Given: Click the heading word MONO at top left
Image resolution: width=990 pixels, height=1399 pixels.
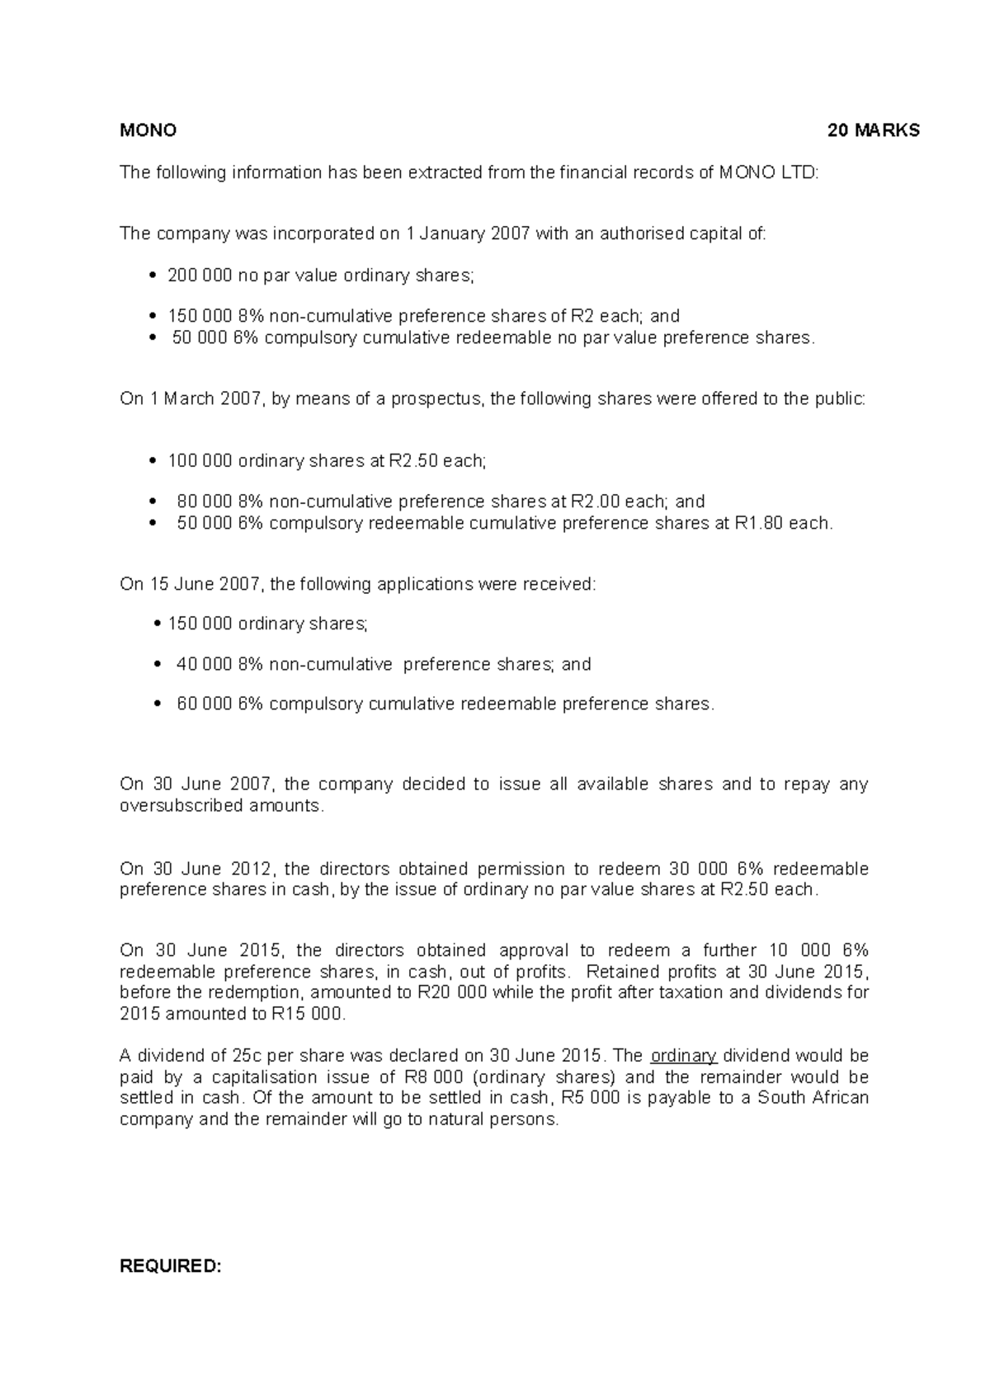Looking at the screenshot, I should [148, 130].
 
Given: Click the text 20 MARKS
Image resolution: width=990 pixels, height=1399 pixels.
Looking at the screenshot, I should [874, 130].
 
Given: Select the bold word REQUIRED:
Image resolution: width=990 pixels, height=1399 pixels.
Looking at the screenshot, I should [171, 1266].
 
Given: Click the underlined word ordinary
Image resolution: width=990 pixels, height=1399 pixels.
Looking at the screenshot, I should [684, 1056].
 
